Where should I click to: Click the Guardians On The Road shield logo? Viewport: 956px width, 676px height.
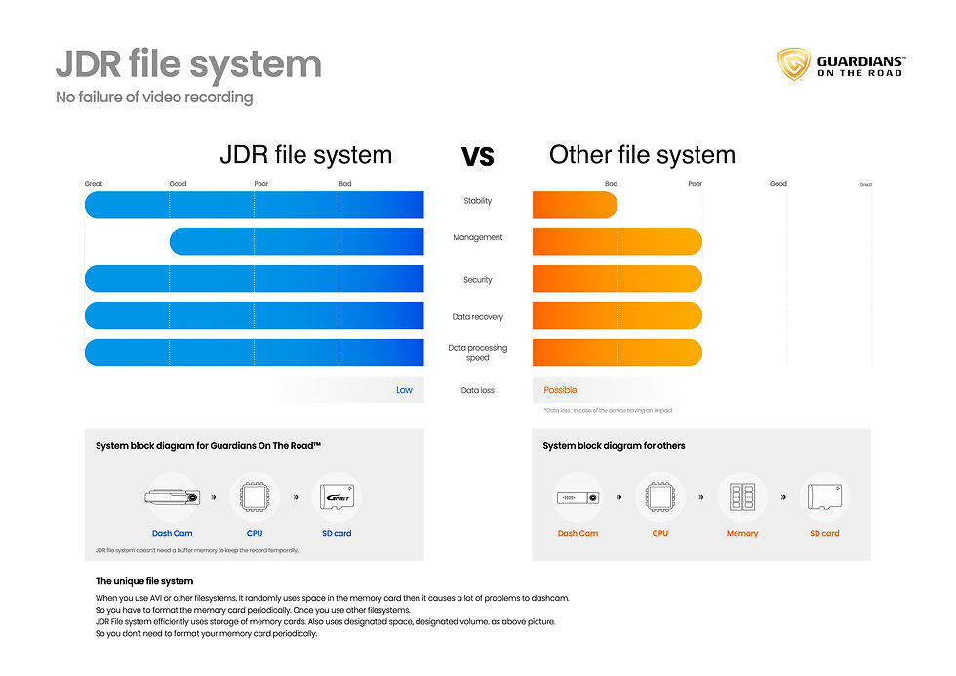[x=793, y=64]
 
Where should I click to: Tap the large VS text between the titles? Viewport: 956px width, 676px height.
[x=477, y=156]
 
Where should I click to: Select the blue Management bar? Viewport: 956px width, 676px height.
[x=297, y=241]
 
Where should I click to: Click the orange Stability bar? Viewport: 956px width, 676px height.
[x=575, y=204]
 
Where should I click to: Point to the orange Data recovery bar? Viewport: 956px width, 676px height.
[x=617, y=316]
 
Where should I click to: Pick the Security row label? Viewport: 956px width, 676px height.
[x=477, y=280]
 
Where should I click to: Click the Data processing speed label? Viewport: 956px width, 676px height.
[x=477, y=352]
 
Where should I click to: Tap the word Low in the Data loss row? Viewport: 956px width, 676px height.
[x=404, y=390]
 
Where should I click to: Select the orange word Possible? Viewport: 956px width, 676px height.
[x=560, y=390]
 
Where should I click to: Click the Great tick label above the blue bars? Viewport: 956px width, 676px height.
[x=94, y=184]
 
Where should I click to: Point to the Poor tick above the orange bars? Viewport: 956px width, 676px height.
[x=695, y=184]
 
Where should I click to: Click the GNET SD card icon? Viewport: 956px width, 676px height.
[x=337, y=497]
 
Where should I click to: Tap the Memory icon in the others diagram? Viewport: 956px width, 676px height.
[x=741, y=497]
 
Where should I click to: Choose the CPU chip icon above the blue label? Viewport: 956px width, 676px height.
[x=255, y=497]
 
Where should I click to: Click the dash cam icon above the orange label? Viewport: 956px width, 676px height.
[x=578, y=497]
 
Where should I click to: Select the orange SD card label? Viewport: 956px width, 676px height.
[x=824, y=534]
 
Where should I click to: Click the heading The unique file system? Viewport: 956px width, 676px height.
[x=144, y=581]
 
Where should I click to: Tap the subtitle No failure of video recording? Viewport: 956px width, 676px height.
[x=154, y=98]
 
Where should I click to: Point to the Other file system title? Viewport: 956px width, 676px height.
[x=642, y=155]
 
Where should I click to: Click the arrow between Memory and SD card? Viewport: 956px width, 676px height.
[x=783, y=497]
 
